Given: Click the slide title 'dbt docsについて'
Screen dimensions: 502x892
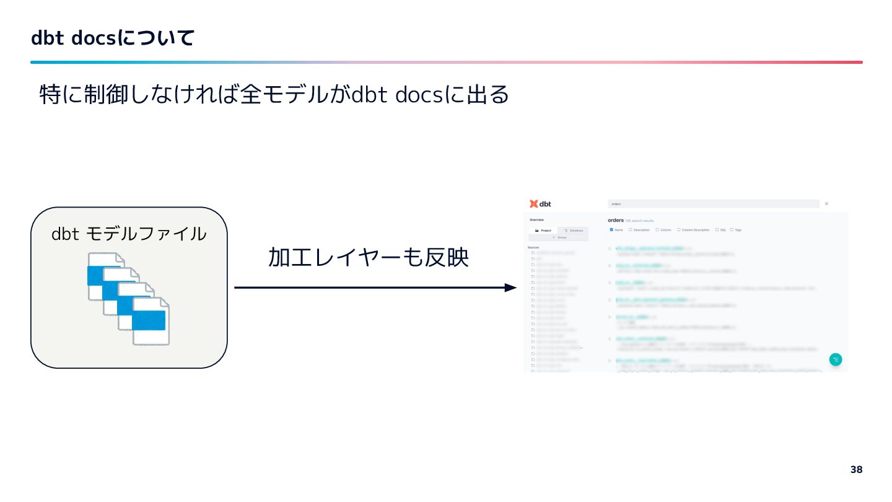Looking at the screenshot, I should (113, 38).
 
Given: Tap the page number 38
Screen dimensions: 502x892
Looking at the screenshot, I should (856, 470).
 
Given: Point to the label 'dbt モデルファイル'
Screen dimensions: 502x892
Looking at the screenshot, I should (129, 234).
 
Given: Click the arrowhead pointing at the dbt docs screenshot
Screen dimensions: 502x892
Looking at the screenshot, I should (510, 288).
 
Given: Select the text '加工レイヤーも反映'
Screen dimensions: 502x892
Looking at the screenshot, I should (368, 258).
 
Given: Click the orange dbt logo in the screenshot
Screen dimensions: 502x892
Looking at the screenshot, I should (534, 204).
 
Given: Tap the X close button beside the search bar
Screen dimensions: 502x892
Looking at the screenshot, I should (826, 204).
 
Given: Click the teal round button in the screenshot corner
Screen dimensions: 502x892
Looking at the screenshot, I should (835, 359).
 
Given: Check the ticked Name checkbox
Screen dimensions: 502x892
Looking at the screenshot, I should (611, 230).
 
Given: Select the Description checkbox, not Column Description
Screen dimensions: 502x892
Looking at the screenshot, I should (631, 230).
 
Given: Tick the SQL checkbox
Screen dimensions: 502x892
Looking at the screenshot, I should (717, 230).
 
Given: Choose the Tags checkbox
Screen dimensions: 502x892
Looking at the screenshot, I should (732, 230).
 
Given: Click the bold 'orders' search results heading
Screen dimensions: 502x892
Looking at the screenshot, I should (616, 220).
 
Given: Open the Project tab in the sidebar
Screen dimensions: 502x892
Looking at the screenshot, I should (543, 231).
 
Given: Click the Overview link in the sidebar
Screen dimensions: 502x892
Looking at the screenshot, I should (536, 220).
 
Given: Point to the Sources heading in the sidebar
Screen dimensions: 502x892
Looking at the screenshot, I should (533, 247).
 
